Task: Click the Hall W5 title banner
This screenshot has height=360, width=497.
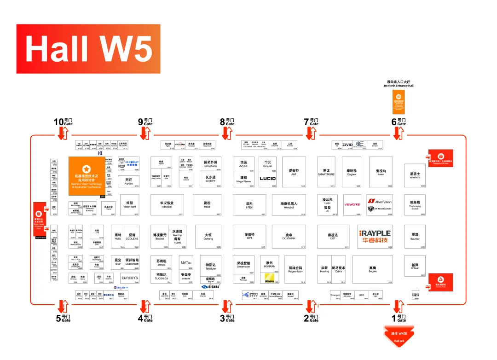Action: point(88,49)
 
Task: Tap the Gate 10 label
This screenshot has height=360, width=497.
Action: point(63,122)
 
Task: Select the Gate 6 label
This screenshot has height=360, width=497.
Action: point(399,122)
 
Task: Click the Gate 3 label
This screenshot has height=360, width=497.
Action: point(227,318)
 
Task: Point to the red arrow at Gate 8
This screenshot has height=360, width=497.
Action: point(226,134)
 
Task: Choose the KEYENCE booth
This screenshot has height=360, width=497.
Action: point(415,176)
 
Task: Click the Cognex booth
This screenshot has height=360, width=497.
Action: point(351,172)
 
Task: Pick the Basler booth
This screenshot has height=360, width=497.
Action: point(381,172)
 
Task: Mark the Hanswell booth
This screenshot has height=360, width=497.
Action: point(167,205)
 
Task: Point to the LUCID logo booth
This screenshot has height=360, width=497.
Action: point(268,179)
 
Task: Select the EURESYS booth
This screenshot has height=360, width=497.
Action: point(129,278)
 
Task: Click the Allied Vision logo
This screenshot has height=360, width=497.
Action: point(380,202)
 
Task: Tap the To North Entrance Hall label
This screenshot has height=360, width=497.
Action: point(399,84)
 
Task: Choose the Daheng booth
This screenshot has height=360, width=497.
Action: point(208,237)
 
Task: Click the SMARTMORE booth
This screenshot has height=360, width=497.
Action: point(326,172)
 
